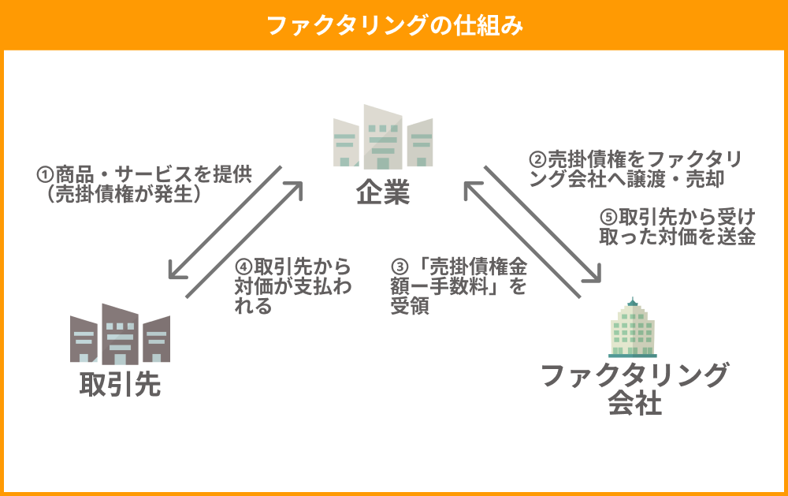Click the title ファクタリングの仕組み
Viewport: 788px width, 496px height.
(x=395, y=25)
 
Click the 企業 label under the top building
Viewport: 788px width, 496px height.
(x=383, y=192)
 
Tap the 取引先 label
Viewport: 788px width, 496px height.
(x=121, y=385)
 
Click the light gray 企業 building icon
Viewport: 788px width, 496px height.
(x=383, y=137)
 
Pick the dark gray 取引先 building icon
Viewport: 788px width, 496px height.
(x=120, y=334)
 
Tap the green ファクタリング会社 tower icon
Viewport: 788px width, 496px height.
(x=632, y=327)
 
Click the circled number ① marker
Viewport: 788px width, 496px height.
(x=45, y=175)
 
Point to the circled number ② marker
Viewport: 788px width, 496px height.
(x=537, y=159)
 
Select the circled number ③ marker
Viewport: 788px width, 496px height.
(x=400, y=267)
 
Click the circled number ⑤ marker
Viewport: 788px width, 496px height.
(x=608, y=218)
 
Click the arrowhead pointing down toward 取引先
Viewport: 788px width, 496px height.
(x=176, y=270)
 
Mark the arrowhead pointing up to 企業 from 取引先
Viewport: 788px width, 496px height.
(x=295, y=189)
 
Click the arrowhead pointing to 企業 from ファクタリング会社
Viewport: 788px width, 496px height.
(x=471, y=189)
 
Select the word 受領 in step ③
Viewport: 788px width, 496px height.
(x=410, y=306)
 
